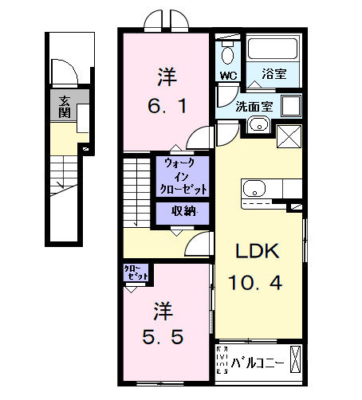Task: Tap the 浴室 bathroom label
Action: point(274,76)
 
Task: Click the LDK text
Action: point(255,251)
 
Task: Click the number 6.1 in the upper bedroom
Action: point(167,105)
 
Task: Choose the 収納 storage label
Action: point(189,212)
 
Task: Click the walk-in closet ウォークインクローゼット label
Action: point(186,176)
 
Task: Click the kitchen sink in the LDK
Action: point(254,189)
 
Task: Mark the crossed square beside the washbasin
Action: point(288,135)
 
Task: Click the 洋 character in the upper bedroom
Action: point(166,76)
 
